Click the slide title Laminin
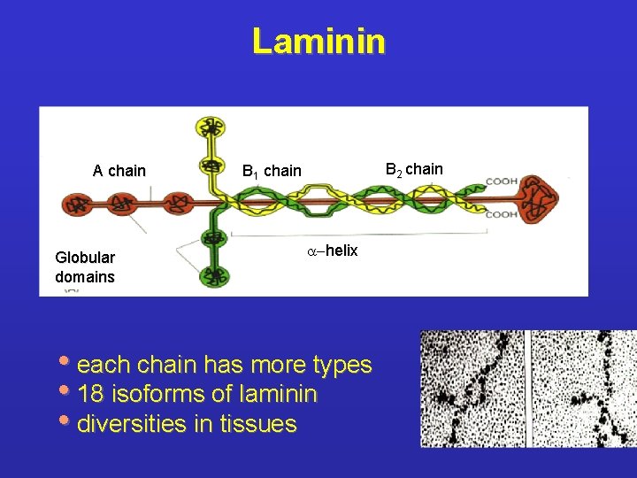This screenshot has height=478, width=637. point(318,41)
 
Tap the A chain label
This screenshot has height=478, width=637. point(119,171)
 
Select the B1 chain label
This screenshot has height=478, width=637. point(272,171)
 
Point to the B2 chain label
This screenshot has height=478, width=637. point(414,169)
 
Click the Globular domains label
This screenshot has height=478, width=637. point(85,266)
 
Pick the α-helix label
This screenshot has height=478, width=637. point(332,251)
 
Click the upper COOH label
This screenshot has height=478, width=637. point(501,181)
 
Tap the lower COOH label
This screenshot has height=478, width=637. point(501,213)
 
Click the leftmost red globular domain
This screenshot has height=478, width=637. point(78,204)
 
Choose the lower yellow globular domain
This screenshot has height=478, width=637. point(211,166)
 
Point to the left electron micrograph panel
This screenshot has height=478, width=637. point(472,389)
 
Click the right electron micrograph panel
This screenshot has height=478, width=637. point(583,389)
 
